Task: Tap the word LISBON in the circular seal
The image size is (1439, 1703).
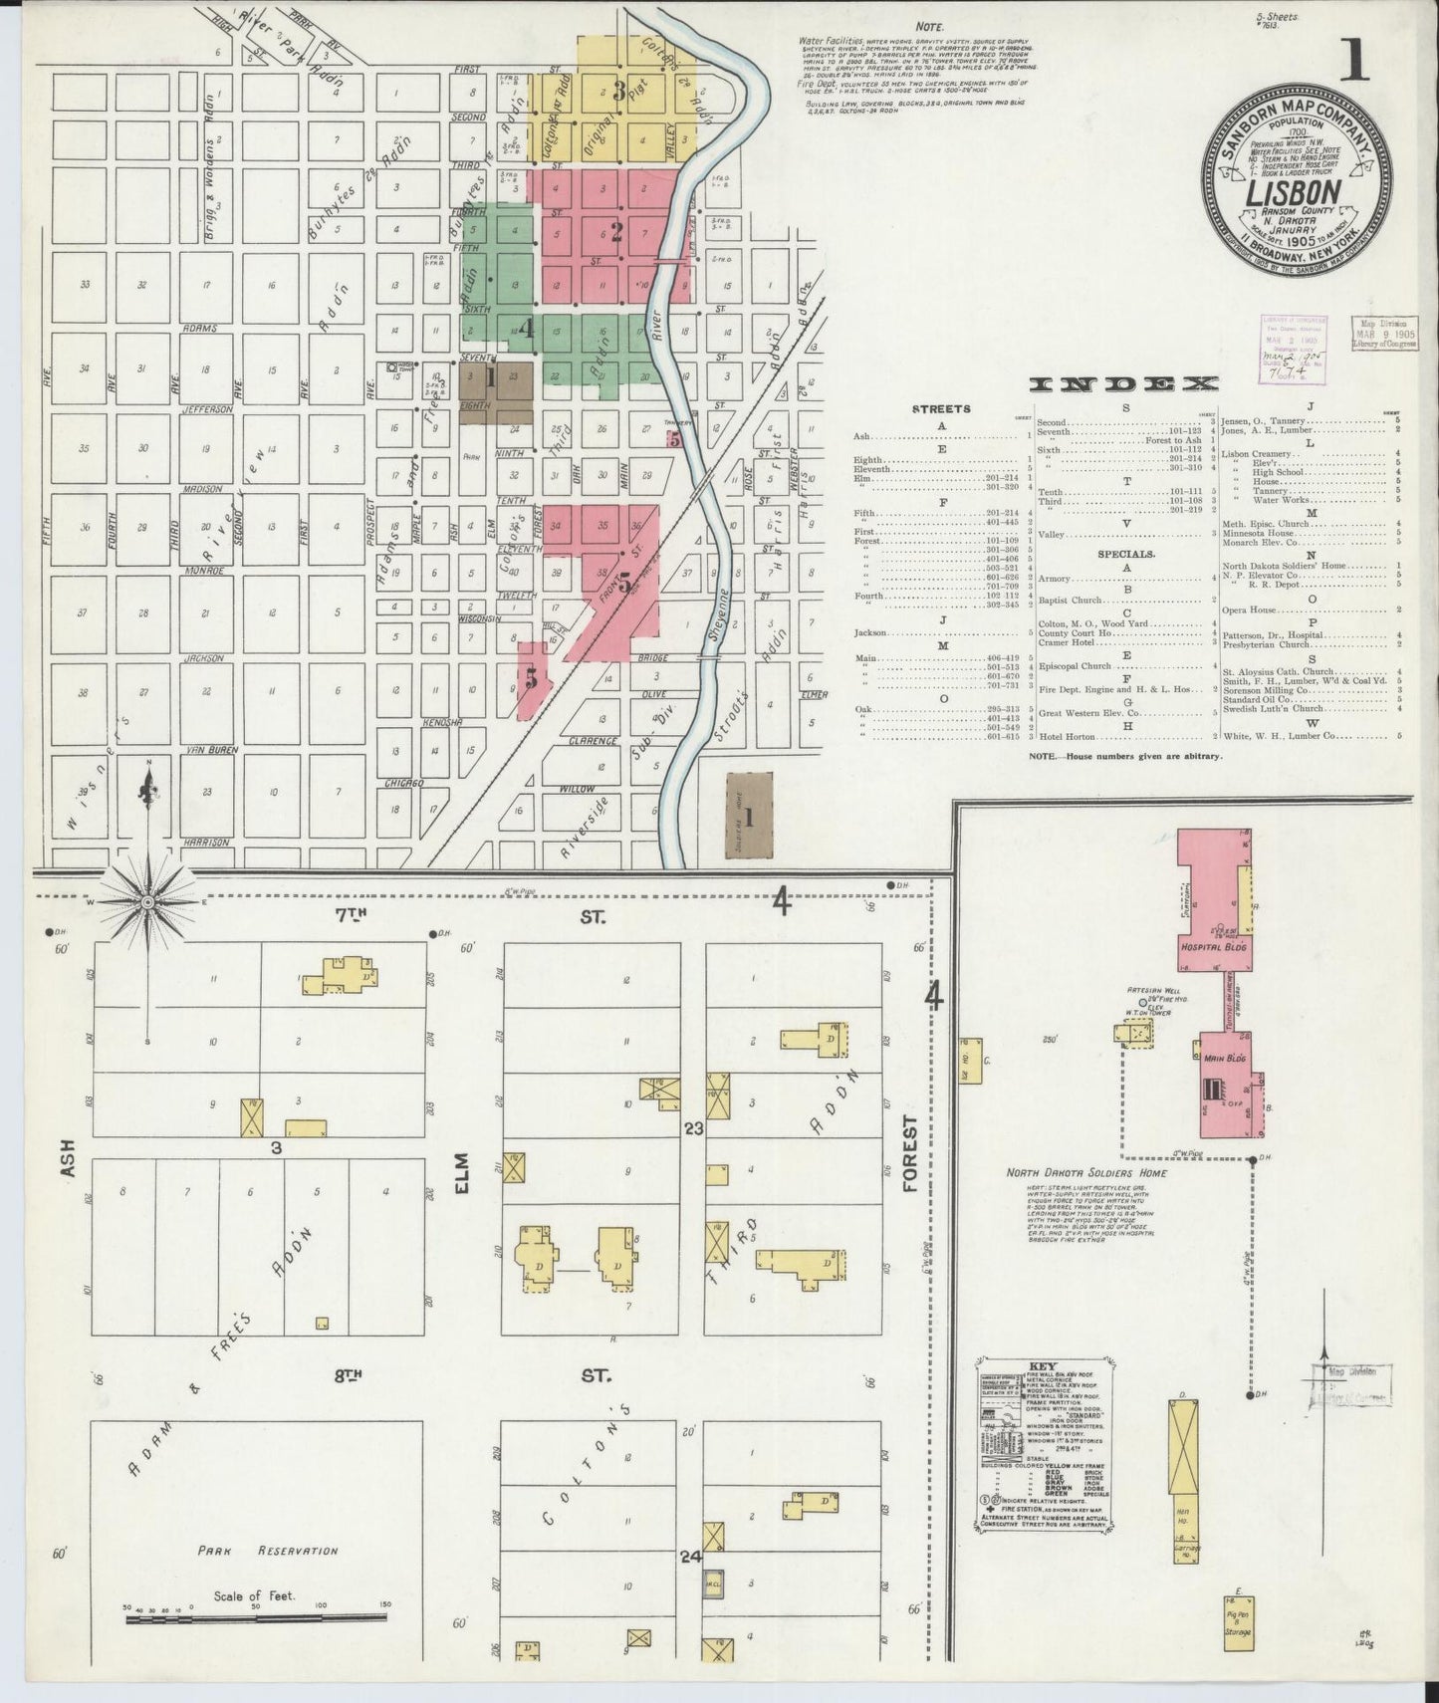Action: [x=1290, y=190]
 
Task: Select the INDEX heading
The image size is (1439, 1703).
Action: [x=1124, y=384]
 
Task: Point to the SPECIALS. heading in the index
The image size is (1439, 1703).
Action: [x=1126, y=553]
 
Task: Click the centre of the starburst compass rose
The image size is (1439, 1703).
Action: [x=148, y=902]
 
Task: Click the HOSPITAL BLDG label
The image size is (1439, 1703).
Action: [x=1214, y=947]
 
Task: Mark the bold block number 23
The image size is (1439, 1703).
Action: [x=693, y=1128]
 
